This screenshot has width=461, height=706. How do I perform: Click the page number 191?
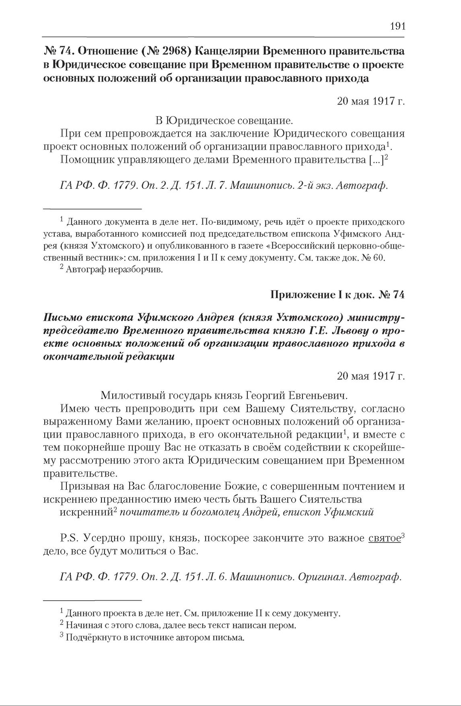(x=397, y=27)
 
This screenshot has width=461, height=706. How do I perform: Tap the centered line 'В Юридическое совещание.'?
(x=223, y=120)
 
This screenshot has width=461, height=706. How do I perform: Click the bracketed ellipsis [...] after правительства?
(x=375, y=160)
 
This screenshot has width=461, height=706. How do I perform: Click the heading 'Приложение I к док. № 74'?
(x=337, y=295)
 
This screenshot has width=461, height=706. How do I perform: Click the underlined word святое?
(x=384, y=538)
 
